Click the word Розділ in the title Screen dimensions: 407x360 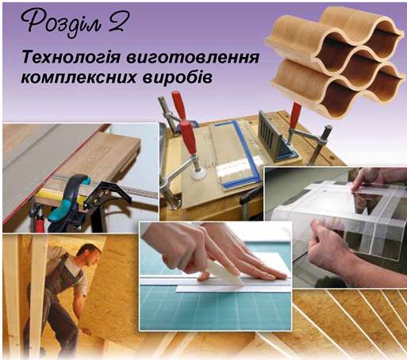61,24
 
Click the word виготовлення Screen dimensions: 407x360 193,59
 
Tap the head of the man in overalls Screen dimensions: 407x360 90,255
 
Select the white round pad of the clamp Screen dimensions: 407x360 198,174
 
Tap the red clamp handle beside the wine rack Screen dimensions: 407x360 294,115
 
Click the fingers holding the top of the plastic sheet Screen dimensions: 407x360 367,180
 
